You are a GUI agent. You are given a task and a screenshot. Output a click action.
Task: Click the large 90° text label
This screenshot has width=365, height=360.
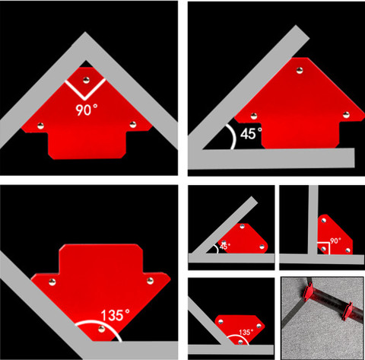(87, 110)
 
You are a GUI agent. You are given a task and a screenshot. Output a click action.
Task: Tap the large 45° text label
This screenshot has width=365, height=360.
(251, 133)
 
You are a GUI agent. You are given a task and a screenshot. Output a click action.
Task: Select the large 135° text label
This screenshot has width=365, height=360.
(116, 315)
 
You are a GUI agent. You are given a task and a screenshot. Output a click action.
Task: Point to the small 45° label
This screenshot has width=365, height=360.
(225, 246)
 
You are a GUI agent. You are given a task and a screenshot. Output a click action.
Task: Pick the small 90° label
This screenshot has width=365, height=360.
(335, 241)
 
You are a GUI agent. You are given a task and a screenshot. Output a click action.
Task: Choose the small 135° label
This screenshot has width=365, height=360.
(246, 332)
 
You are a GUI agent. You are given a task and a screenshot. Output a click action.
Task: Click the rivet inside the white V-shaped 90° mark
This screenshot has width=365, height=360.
(86, 81)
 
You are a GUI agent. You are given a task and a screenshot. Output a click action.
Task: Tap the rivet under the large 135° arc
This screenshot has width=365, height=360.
(101, 329)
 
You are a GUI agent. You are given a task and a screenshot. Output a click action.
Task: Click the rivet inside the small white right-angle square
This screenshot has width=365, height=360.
(323, 249)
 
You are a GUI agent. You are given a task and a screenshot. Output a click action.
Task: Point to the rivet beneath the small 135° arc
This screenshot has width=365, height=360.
(240, 342)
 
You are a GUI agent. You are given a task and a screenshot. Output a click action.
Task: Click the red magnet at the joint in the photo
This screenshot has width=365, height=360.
(308, 294)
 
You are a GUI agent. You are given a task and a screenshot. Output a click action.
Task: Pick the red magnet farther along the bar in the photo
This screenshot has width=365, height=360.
(347, 311)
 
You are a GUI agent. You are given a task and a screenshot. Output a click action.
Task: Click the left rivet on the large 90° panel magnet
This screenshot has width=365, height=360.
(40, 126)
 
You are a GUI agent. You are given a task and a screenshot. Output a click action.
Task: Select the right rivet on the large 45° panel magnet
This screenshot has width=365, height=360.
(346, 115)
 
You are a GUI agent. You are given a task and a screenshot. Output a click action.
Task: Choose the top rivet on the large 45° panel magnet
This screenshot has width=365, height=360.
(300, 70)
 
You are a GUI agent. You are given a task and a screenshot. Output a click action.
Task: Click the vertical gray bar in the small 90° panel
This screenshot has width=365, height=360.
(313, 220)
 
